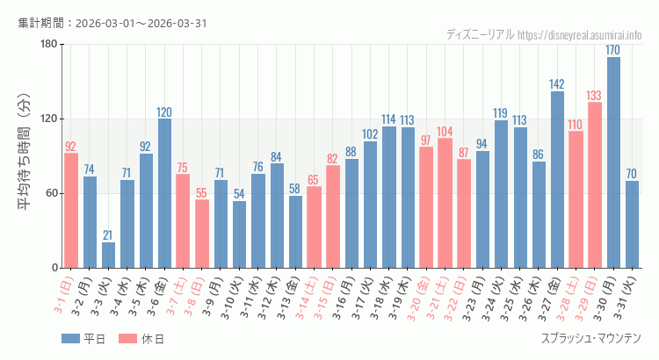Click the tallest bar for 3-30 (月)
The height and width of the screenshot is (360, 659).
click(x=613, y=162)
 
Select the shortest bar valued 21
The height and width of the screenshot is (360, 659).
click(x=108, y=255)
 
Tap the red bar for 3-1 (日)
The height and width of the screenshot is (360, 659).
click(x=71, y=211)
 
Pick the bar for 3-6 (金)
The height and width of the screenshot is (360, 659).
click(x=164, y=193)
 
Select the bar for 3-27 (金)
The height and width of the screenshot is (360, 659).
click(x=557, y=180)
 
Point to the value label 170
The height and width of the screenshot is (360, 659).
click(x=613, y=50)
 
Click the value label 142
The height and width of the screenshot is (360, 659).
click(x=557, y=84)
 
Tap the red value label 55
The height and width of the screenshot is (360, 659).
click(x=202, y=192)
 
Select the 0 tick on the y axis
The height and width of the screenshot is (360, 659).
click(x=54, y=268)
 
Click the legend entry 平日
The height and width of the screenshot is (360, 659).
click(x=83, y=339)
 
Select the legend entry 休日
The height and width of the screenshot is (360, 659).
click(x=141, y=339)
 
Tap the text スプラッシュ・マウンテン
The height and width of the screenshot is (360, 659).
click(x=591, y=338)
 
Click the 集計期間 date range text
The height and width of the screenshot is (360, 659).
click(x=112, y=23)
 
